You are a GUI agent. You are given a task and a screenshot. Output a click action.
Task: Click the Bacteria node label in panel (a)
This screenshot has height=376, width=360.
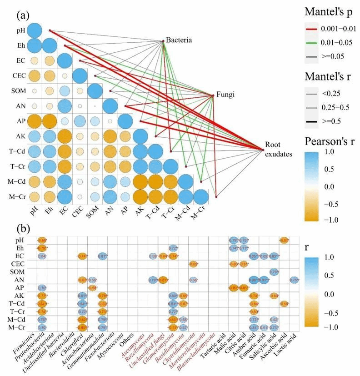(x=179, y=40)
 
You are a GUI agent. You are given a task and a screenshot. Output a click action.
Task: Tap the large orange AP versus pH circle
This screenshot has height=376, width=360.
(x=34, y=122)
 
